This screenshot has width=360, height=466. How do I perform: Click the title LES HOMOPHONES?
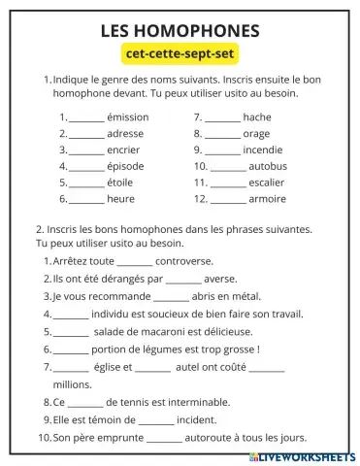(x=180, y=31)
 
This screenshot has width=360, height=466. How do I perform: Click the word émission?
(x=128, y=116)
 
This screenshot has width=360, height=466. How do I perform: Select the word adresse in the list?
(x=125, y=133)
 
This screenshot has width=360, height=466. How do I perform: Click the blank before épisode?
(x=86, y=166)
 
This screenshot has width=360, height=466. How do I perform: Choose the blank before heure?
(x=86, y=199)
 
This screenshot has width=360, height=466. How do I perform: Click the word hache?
(x=257, y=116)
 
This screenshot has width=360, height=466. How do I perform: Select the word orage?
(x=257, y=133)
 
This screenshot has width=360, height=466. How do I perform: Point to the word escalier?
(x=267, y=183)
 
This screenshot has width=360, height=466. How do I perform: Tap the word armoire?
(x=268, y=199)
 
